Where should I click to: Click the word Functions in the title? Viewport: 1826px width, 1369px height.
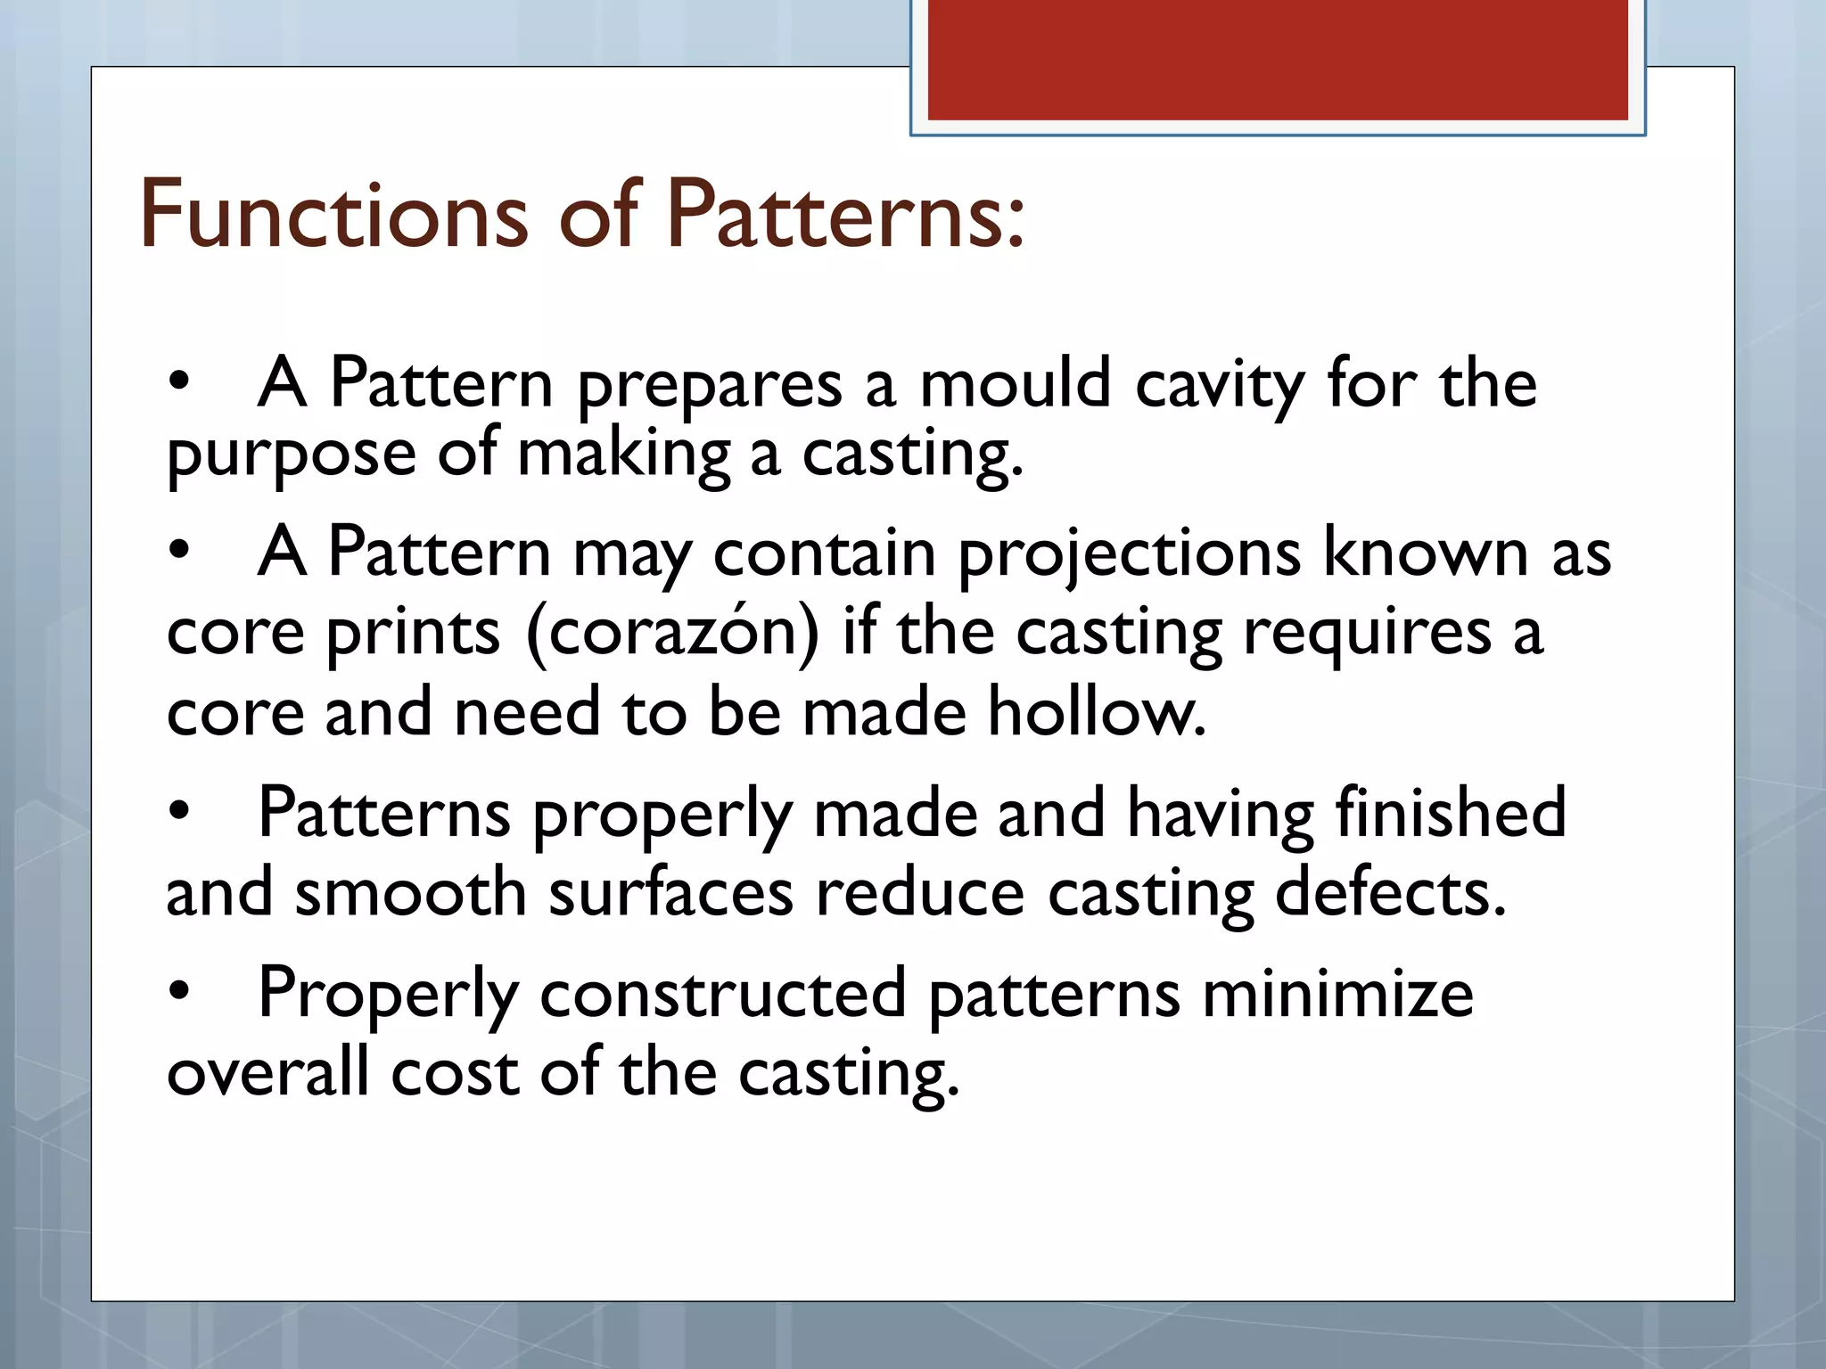click(x=333, y=215)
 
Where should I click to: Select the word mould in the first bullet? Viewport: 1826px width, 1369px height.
click(x=1015, y=384)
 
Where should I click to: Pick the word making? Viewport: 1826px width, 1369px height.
click(x=623, y=455)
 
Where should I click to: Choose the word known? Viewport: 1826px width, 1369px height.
click(x=1425, y=553)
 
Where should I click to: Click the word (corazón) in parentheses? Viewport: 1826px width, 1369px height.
click(x=672, y=634)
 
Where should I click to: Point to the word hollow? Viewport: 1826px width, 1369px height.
click(x=1096, y=712)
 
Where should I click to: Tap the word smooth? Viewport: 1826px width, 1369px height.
click(x=410, y=892)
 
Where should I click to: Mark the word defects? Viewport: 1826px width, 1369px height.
click(x=1390, y=892)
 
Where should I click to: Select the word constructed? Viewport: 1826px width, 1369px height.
click(x=722, y=994)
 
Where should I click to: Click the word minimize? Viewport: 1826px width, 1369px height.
click(x=1337, y=994)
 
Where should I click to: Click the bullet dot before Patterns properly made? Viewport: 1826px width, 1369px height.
click(x=179, y=810)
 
